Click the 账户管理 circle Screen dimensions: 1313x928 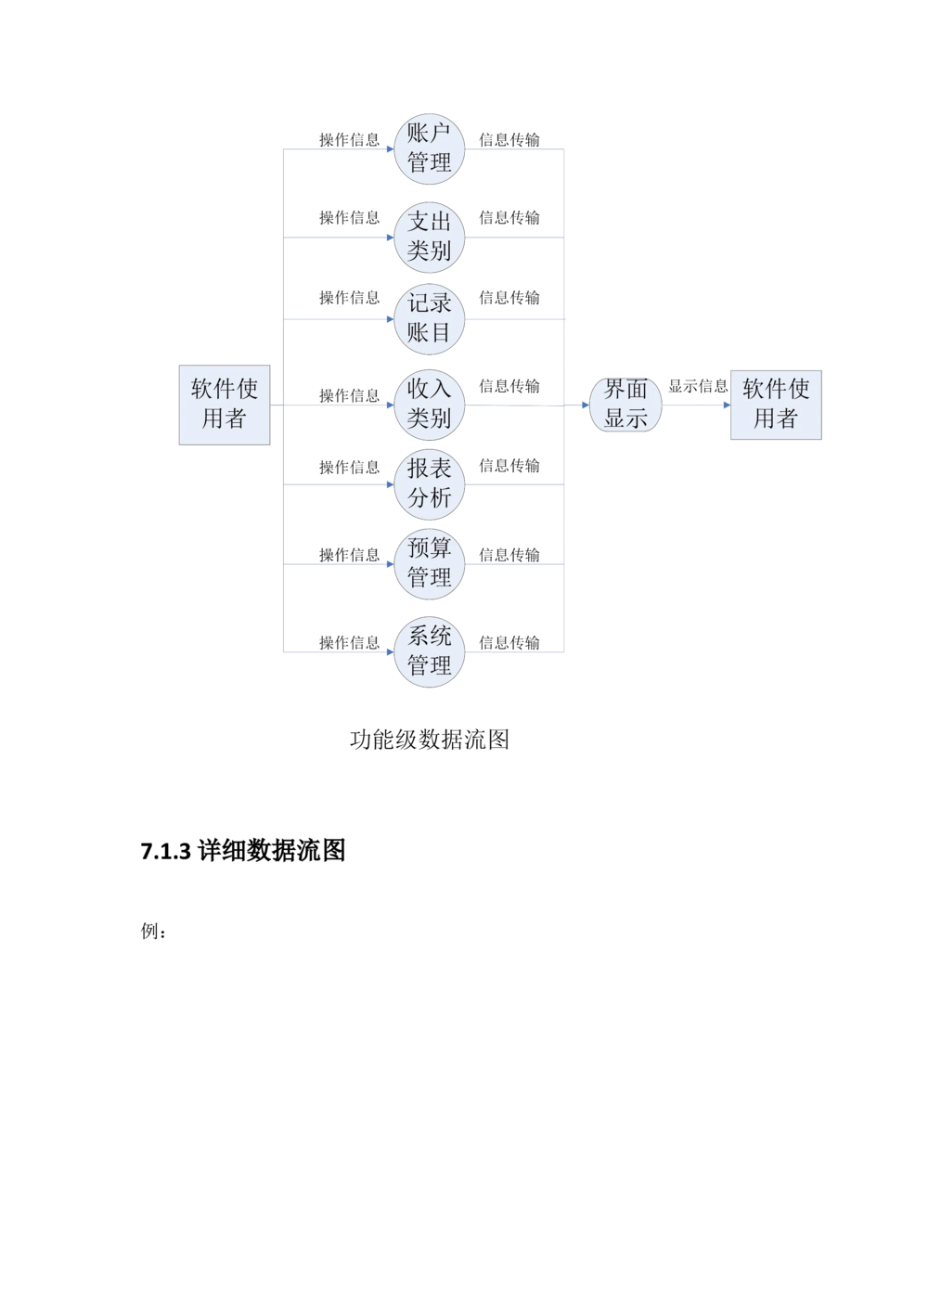(429, 148)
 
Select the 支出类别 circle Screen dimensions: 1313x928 (429, 236)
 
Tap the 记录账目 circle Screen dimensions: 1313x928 (429, 317)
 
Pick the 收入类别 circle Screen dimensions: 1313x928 (429, 404)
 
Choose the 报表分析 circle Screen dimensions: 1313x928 (429, 483)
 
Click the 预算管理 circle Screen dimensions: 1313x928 (429, 562)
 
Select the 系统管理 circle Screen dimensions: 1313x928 (429, 650)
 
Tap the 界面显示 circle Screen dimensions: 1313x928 (625, 405)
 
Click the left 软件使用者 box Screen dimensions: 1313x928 (225, 405)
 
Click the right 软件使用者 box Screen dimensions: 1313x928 (776, 404)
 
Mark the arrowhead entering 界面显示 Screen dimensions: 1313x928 (584, 405)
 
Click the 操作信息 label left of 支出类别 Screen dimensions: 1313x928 (349, 218)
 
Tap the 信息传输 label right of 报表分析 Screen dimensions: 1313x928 (509, 466)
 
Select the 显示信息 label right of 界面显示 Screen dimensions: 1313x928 (696, 385)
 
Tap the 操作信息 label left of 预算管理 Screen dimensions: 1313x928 (349, 555)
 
